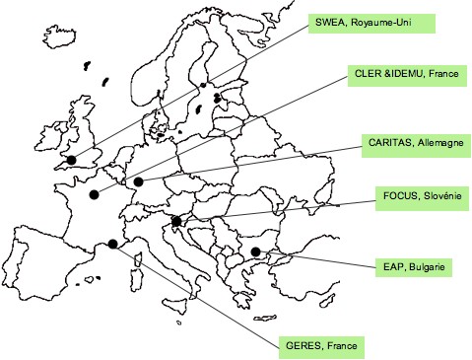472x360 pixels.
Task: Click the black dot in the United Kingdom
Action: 70,159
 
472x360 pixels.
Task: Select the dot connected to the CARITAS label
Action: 139,181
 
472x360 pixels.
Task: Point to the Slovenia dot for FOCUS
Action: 176,221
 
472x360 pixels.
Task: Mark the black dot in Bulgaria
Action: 255,252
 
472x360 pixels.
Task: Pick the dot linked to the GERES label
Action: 113,244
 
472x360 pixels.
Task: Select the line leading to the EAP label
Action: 315,259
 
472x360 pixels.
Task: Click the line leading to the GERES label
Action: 197,294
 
